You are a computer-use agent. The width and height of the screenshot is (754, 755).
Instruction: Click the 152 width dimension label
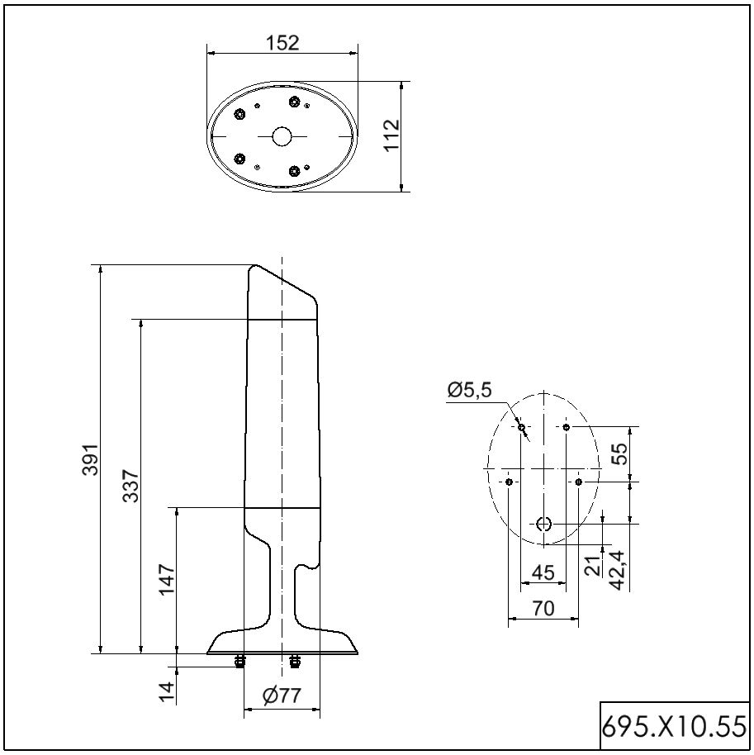(282, 43)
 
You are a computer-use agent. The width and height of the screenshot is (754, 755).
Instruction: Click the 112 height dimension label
(392, 135)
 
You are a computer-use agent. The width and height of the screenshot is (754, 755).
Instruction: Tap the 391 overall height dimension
(90, 459)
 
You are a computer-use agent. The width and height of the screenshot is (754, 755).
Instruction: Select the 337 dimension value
(130, 486)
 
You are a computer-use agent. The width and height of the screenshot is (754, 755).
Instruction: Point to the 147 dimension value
(167, 579)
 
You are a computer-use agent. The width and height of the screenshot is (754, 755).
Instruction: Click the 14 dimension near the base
(167, 692)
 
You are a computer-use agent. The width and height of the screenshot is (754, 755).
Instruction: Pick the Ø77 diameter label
(282, 696)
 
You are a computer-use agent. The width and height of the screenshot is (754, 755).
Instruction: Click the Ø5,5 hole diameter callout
(469, 390)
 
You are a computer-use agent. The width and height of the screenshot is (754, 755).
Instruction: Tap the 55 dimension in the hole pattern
(620, 453)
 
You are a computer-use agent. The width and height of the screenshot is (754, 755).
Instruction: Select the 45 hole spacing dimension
(543, 572)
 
